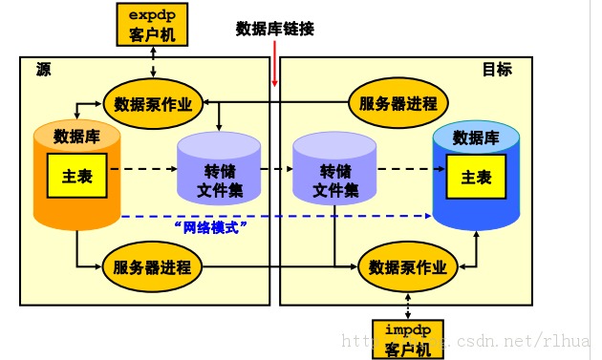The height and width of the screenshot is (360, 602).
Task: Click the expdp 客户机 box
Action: [154, 24]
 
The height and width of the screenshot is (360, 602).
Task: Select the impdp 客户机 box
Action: [409, 338]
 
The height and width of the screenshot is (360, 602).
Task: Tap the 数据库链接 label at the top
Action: [275, 29]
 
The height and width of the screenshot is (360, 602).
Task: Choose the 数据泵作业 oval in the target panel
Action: [408, 266]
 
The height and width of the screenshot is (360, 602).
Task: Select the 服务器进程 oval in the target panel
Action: [398, 103]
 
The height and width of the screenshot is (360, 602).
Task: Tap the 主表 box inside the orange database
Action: [76, 177]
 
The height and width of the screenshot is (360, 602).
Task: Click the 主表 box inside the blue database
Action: [476, 177]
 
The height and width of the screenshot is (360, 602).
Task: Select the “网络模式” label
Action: [212, 227]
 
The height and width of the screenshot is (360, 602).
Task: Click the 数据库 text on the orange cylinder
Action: [77, 136]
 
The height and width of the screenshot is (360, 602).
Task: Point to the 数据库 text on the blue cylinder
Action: [476, 138]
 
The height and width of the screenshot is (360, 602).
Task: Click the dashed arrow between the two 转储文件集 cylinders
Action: [276, 168]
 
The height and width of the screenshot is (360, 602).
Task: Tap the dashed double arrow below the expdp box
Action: [154, 60]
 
